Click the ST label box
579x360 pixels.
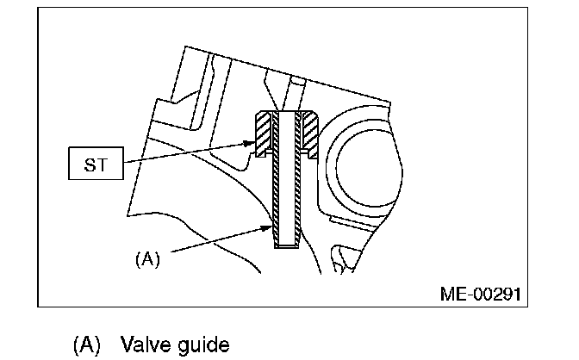coord(96,163)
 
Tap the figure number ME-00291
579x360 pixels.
coord(480,294)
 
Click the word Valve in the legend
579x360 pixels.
coord(147,344)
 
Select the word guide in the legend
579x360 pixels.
coord(205,344)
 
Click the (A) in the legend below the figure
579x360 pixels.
coord(86,344)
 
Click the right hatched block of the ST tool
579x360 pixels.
coord(311,135)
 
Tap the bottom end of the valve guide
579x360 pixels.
coord(287,245)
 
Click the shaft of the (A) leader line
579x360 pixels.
coord(215,242)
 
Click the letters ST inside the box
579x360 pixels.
coord(96,163)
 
